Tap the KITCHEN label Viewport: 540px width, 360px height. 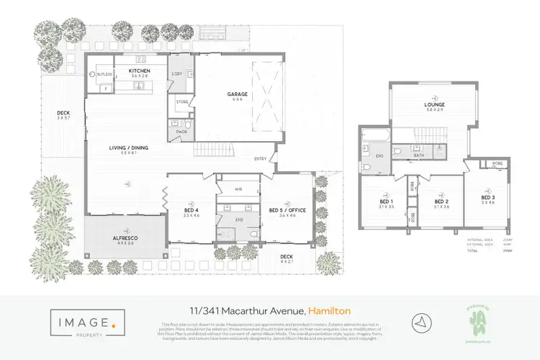(138, 71)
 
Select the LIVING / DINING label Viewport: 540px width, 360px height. (128, 148)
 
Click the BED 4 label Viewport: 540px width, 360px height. (191, 210)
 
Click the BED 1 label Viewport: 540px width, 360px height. (387, 201)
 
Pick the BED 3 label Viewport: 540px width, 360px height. (488, 197)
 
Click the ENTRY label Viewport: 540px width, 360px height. (260, 159)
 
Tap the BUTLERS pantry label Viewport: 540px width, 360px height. (104, 73)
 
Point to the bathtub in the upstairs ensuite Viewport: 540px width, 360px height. (374, 134)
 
